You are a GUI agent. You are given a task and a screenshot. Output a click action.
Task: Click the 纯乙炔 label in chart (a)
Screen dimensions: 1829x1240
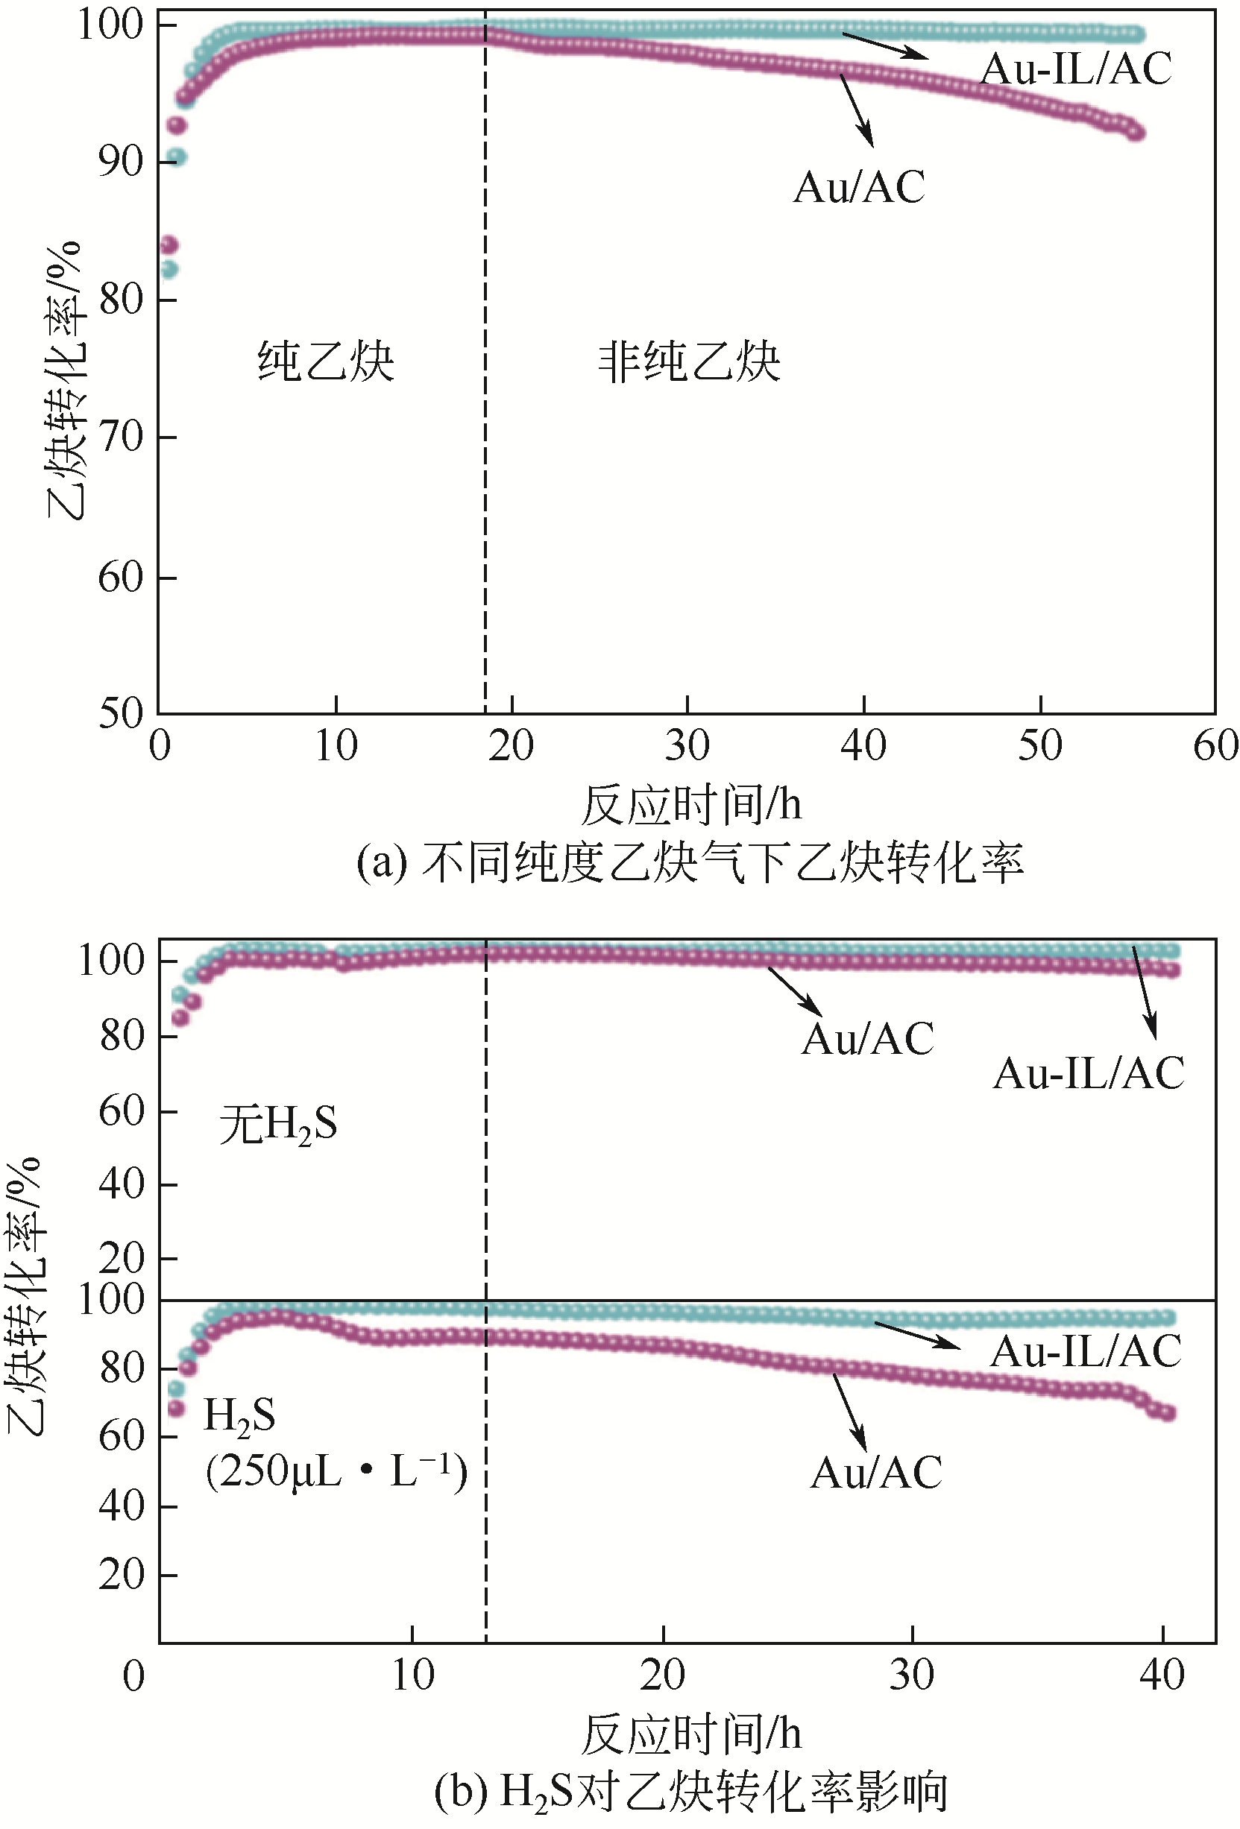tap(326, 361)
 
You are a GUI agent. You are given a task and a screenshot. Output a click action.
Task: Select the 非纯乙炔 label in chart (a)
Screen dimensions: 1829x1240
tap(689, 361)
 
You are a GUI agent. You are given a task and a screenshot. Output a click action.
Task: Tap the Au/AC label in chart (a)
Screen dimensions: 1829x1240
tap(859, 187)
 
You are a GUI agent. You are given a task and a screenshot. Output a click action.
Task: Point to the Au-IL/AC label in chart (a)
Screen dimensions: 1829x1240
tap(1075, 69)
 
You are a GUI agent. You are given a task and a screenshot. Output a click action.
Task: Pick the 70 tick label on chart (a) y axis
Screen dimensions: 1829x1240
tap(121, 437)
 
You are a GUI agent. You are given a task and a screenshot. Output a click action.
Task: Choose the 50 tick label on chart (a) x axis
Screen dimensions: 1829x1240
tap(1040, 745)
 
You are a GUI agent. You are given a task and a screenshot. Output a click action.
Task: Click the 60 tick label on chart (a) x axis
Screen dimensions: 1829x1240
tap(1215, 745)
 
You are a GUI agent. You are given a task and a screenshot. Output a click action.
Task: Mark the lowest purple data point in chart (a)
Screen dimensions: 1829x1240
tap(169, 245)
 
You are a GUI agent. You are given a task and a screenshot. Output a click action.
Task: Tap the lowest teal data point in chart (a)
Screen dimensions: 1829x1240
tap(169, 270)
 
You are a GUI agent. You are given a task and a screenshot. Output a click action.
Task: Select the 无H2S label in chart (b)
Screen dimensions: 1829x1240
tap(278, 1124)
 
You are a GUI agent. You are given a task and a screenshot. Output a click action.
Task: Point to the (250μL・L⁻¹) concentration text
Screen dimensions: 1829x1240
tap(337, 1470)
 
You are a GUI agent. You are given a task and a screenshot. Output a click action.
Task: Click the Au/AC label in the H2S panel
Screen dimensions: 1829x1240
tap(876, 1473)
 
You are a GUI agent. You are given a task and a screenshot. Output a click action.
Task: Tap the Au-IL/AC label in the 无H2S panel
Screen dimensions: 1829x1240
tap(1089, 1073)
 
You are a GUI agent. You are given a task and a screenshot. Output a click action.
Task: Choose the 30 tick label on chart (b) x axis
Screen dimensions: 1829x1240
tap(912, 1675)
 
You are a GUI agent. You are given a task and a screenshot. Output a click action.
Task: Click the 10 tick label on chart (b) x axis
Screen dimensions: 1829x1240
tap(412, 1675)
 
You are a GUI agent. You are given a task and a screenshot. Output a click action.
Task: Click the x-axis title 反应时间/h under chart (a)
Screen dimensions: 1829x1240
tap(690, 804)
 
